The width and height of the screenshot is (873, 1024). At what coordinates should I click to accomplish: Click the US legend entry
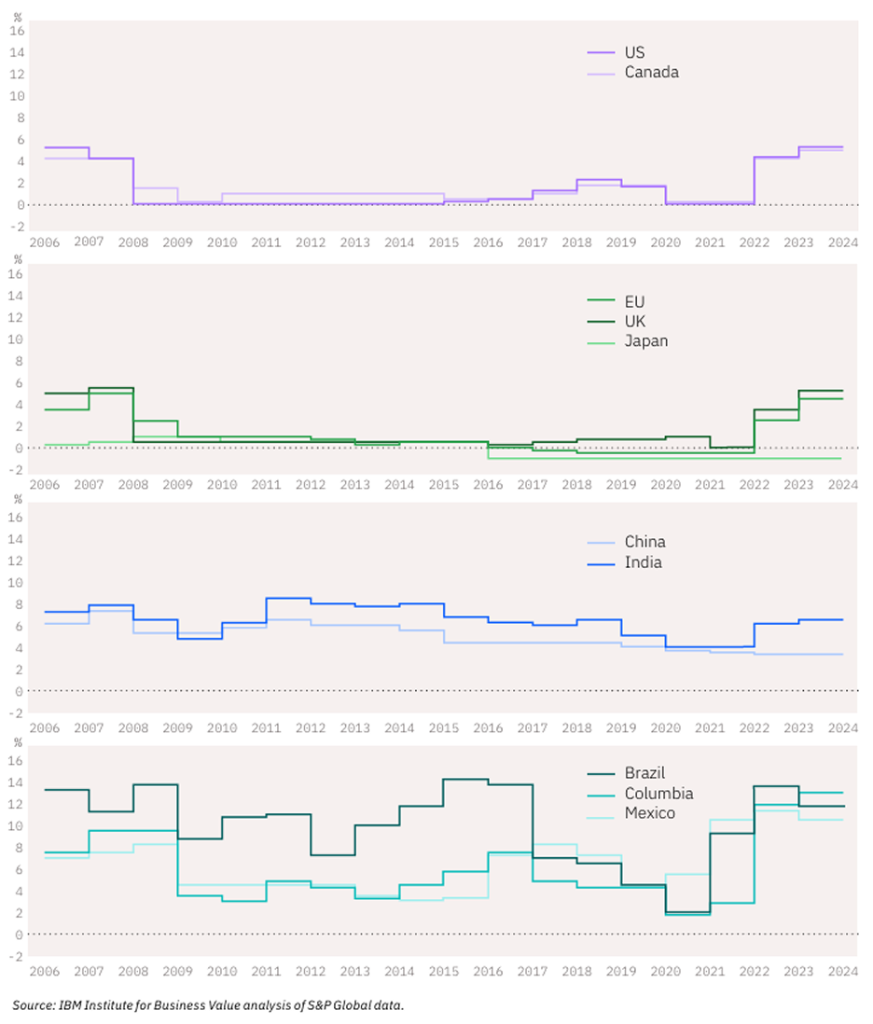[x=634, y=52]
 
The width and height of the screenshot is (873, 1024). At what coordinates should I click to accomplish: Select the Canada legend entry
[x=651, y=72]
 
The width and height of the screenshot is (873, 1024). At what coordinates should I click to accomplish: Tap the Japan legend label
[x=645, y=340]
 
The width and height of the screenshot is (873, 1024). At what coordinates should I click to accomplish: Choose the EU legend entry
[x=634, y=301]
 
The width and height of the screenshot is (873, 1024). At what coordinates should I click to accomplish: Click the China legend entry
[x=644, y=542]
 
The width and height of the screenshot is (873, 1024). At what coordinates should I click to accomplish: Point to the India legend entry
[x=643, y=562]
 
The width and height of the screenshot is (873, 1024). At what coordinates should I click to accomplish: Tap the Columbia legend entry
[x=658, y=794]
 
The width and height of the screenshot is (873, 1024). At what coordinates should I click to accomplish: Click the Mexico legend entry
[x=650, y=813]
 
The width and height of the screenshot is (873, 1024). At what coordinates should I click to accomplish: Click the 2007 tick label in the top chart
[x=89, y=241]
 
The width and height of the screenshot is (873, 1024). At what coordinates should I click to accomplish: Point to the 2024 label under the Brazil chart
[x=842, y=972]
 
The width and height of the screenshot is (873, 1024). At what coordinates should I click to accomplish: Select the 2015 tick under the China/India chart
[x=444, y=727]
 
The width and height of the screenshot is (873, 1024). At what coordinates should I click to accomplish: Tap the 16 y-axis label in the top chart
[x=16, y=30]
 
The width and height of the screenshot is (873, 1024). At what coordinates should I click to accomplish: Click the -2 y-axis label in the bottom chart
[x=15, y=956]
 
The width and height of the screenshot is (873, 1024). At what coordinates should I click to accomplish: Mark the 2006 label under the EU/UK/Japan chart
[x=44, y=486]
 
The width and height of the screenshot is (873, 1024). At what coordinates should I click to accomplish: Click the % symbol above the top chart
[x=16, y=12]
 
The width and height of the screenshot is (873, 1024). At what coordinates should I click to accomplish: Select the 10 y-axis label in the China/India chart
[x=16, y=583]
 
